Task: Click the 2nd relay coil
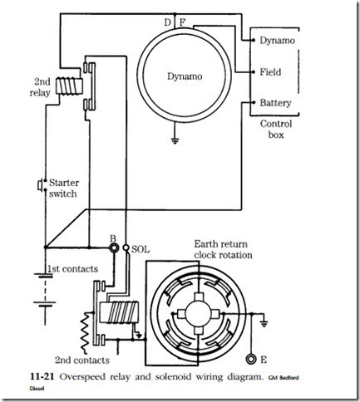[x=69, y=86]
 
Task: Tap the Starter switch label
[x=64, y=189]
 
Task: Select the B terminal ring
[x=114, y=248]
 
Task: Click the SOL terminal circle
[x=126, y=248]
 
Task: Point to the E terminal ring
[x=251, y=359]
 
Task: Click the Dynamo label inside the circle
[x=185, y=76]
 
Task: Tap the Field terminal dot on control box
[x=254, y=72]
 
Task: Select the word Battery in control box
[x=276, y=103]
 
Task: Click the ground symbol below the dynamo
[x=175, y=140]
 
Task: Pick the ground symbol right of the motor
[x=264, y=323]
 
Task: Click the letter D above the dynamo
[x=167, y=22]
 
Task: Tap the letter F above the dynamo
[x=182, y=22]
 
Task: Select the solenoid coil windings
[x=122, y=312]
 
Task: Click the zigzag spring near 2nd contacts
[x=85, y=333]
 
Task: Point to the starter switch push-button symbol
[x=40, y=185]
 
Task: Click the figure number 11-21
[x=42, y=376]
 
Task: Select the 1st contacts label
[x=73, y=269]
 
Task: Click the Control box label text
[x=276, y=130]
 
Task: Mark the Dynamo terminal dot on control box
[x=254, y=41]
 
